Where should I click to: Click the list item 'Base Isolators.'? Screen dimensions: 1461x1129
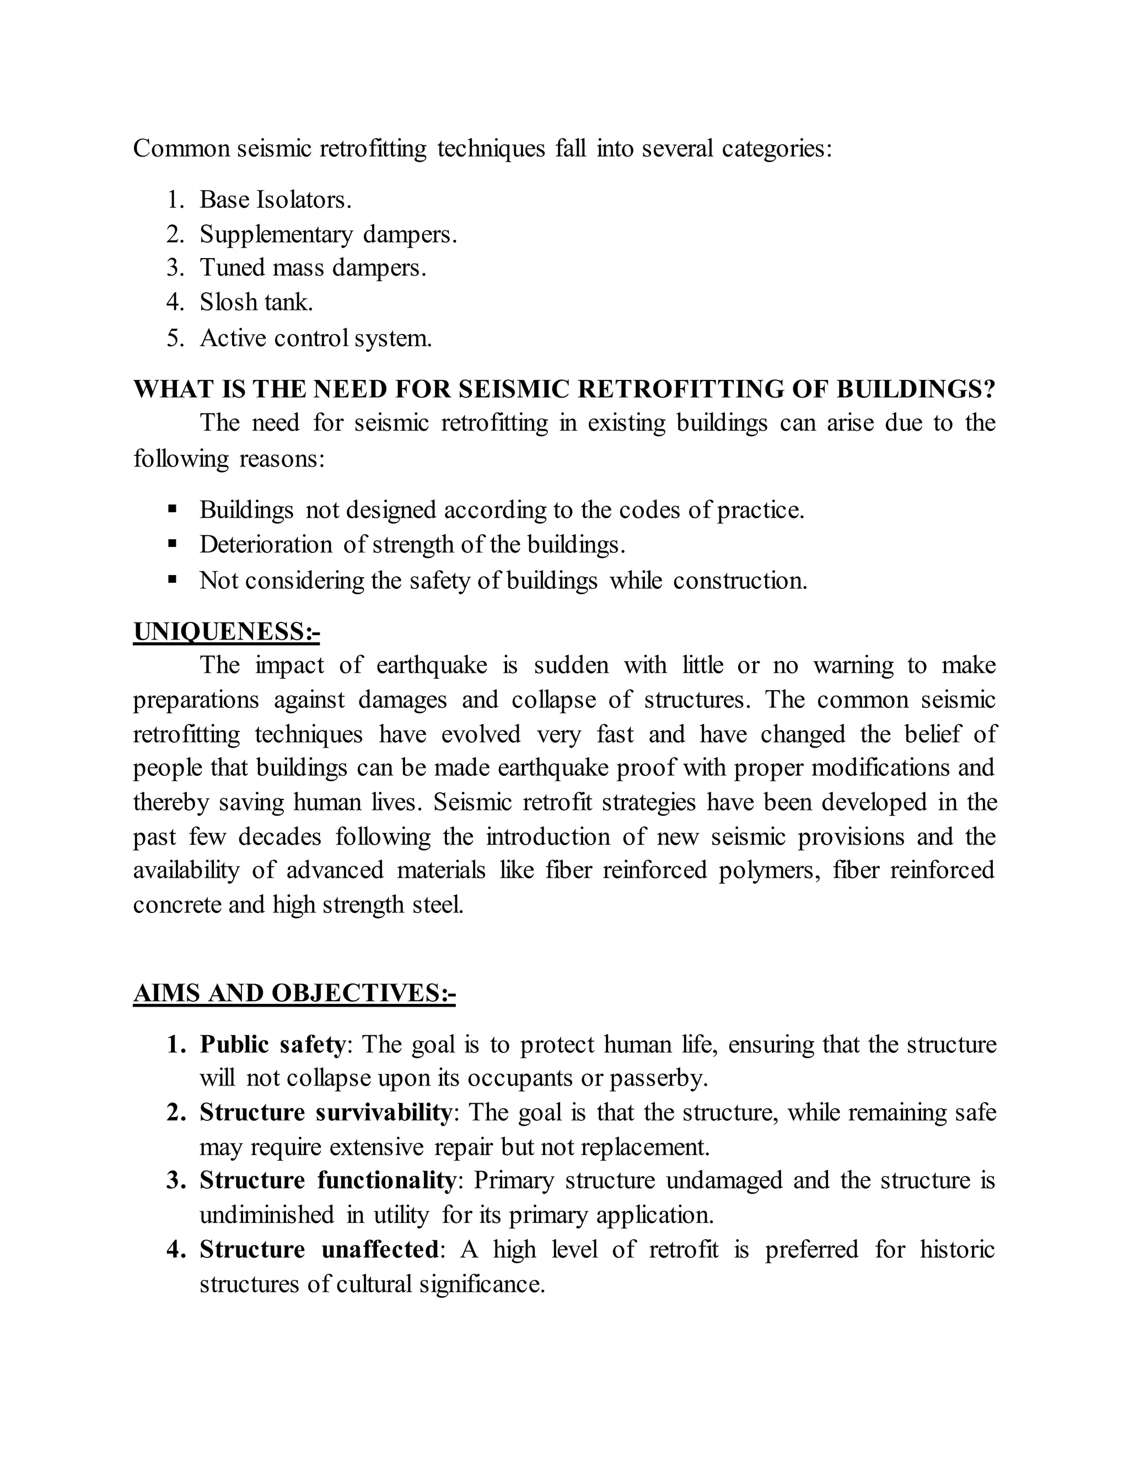tap(275, 200)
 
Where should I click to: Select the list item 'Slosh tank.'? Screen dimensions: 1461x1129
tap(256, 302)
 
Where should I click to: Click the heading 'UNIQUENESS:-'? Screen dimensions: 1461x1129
tap(226, 631)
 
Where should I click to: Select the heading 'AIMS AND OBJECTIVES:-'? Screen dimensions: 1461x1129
tap(294, 993)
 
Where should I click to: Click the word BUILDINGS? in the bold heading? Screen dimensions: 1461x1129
tap(916, 389)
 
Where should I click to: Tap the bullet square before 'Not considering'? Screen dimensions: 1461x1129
tap(173, 579)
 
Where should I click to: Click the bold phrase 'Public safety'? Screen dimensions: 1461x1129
tap(272, 1044)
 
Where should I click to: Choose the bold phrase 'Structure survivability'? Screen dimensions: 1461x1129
tap(326, 1113)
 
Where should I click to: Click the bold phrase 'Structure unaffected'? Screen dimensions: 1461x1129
tap(319, 1249)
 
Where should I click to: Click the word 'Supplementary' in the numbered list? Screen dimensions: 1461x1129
tap(276, 234)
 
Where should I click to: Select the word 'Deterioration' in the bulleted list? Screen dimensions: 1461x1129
tap(266, 545)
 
